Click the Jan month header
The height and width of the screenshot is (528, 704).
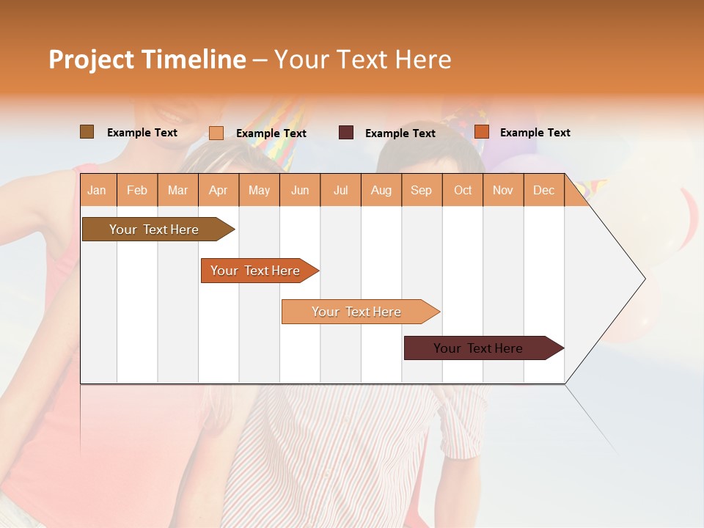[97, 190]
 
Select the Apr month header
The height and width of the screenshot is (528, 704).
[218, 190]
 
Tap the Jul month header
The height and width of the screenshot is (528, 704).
[340, 190]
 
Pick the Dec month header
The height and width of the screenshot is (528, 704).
[543, 190]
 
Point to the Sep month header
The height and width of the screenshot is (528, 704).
[421, 190]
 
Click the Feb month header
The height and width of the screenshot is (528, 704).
[137, 190]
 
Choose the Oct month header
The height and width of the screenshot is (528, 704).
[463, 190]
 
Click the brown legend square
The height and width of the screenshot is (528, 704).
[87, 132]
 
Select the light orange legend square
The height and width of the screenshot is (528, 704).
[216, 133]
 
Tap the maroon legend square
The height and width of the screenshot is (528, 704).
[346, 133]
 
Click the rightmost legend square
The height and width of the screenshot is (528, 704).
[481, 132]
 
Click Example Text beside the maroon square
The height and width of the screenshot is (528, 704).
[400, 133]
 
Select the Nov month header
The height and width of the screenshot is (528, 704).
[503, 190]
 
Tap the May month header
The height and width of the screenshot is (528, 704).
[259, 190]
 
